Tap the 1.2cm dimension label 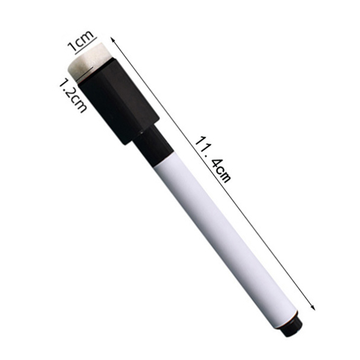[x=73, y=96]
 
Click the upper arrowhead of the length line [x=112, y=40]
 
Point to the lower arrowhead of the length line [x=313, y=307]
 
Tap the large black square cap [x=118, y=101]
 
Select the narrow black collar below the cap [x=152, y=144]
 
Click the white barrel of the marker [x=225, y=241]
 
